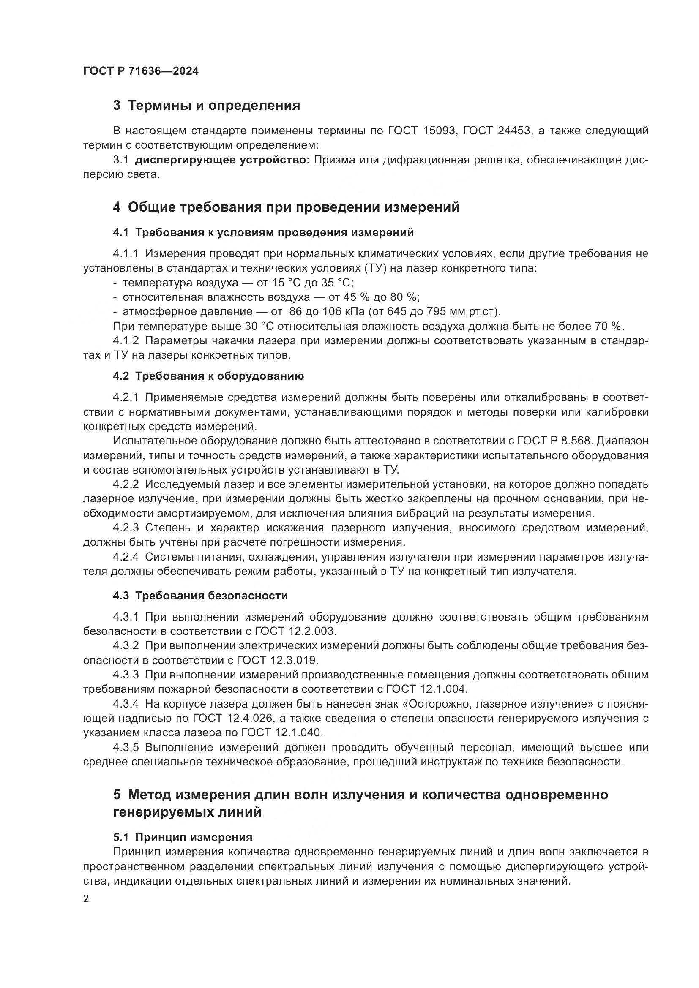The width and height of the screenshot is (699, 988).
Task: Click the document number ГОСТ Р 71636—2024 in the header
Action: point(141,71)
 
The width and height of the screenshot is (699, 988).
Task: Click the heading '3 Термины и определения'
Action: point(207,106)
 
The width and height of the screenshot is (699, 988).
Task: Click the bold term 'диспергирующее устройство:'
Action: point(223,160)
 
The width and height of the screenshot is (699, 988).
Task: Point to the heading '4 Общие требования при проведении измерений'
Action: point(286,207)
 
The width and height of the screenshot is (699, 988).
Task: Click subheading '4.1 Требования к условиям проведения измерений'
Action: point(263,233)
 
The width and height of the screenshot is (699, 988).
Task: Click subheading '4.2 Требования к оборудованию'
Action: point(208,376)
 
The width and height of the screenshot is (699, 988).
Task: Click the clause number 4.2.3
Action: point(126,528)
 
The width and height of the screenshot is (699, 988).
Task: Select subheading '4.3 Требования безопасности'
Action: point(200,596)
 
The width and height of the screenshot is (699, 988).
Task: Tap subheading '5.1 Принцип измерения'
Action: point(183,837)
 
